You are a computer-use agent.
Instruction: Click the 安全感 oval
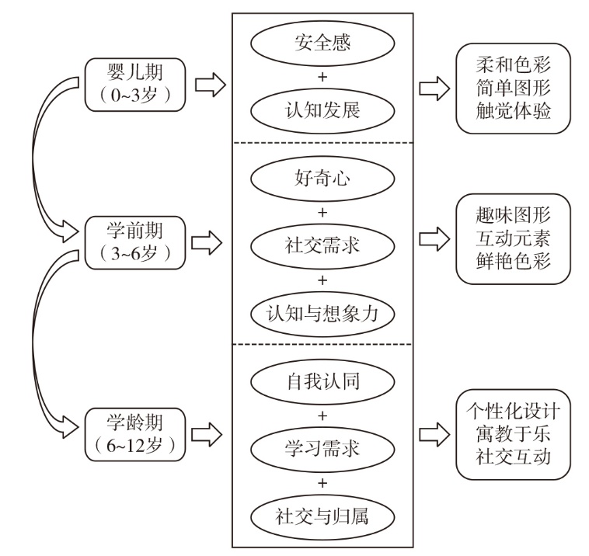(322, 43)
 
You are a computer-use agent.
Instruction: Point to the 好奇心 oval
(322, 180)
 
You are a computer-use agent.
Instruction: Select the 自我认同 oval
(322, 382)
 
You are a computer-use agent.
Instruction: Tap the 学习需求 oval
(322, 449)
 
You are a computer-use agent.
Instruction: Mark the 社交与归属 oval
(322, 516)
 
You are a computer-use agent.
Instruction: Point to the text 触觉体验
(514, 111)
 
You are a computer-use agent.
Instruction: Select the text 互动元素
(514, 238)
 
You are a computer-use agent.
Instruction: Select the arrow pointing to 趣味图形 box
(434, 239)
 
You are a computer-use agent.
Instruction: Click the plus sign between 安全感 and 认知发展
(322, 77)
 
